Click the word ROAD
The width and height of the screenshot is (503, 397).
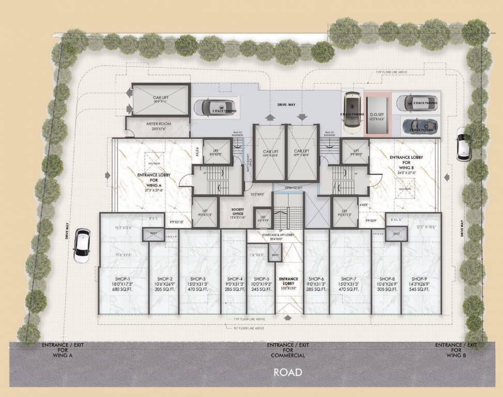(287, 372)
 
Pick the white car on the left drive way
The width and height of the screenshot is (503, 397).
(82, 246)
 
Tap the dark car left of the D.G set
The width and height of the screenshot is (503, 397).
(352, 110)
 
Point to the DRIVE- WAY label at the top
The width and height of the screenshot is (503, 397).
(286, 104)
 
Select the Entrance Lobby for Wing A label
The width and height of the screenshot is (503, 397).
(154, 178)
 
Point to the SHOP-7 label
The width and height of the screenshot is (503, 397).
(349, 279)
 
